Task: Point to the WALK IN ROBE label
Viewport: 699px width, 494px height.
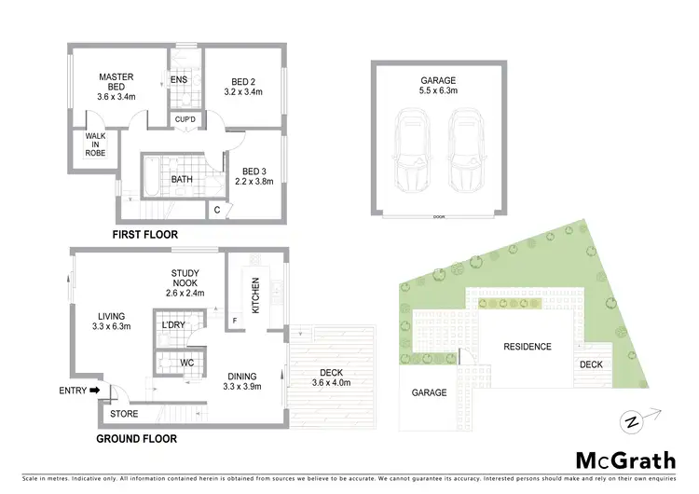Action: point(95,144)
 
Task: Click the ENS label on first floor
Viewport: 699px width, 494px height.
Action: point(180,80)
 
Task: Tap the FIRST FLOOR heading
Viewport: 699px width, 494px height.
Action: point(144,235)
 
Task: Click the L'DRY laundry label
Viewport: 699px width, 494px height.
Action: point(174,324)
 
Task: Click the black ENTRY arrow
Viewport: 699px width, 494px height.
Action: point(95,391)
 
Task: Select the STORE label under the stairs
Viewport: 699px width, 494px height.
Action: point(124,412)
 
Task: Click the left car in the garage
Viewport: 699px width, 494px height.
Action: point(410,148)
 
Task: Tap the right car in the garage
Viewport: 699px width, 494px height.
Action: point(465,148)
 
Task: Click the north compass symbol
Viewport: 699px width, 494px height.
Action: point(634,421)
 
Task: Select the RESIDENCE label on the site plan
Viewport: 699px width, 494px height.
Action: point(528,347)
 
